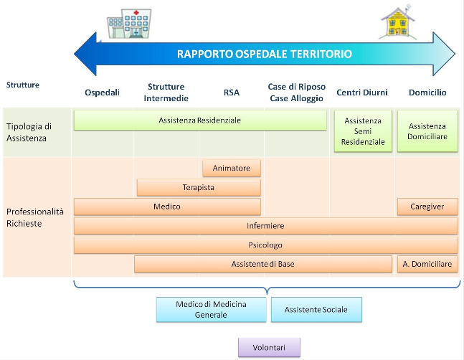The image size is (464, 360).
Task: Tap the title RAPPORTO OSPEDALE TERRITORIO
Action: tap(265, 54)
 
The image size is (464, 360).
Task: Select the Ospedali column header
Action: tap(103, 93)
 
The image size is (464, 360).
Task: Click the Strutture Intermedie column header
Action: tap(166, 93)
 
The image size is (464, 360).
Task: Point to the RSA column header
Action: tap(232, 93)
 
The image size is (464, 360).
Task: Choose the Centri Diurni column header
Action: tap(362, 93)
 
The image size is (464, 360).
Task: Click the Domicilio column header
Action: tap(427, 93)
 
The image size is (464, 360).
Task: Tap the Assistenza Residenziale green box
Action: tap(199, 120)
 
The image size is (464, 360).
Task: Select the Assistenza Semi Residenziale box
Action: tap(363, 131)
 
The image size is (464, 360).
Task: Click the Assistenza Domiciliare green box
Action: tap(427, 131)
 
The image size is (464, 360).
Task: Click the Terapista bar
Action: tap(199, 188)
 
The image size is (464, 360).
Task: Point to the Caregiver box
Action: tap(427, 207)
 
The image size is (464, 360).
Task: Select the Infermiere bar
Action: tap(265, 226)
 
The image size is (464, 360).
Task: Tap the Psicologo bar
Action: tap(265, 245)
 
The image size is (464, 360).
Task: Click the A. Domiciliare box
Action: tap(427, 264)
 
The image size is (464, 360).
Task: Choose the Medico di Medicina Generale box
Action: tap(211, 310)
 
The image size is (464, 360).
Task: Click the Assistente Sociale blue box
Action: tap(316, 310)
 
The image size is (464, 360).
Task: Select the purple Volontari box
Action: tap(269, 347)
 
